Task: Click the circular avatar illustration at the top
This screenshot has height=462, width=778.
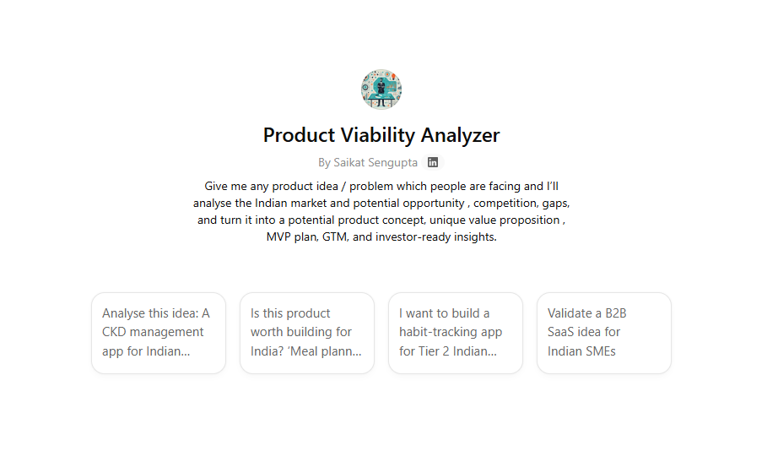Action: (x=381, y=90)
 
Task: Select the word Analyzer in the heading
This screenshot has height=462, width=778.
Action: (x=461, y=136)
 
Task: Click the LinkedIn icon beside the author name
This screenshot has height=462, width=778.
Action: (x=433, y=162)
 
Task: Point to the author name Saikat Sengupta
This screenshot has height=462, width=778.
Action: (x=375, y=163)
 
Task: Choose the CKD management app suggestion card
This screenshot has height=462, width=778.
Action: (x=159, y=333)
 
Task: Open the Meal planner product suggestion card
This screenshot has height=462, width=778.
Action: (x=307, y=333)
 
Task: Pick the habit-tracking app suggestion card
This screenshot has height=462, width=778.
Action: (x=456, y=333)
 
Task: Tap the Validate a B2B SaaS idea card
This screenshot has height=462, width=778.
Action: (x=604, y=333)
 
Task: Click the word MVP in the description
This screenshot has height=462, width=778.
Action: (x=278, y=237)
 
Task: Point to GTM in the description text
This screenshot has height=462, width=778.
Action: (x=335, y=237)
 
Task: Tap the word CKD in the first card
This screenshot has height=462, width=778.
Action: (x=114, y=332)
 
